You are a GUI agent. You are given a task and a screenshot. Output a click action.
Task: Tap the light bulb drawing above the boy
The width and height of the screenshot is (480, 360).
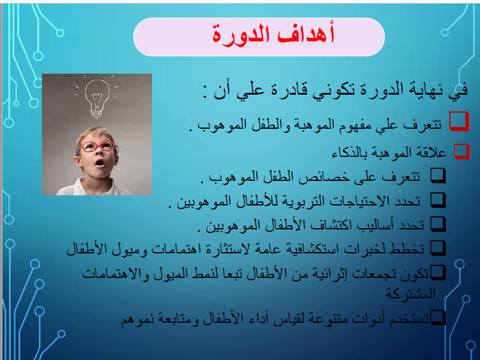[97, 98]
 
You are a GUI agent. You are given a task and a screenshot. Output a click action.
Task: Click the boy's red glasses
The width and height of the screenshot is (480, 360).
[97, 147]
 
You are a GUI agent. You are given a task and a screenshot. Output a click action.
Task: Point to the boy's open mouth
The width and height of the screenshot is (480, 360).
[99, 162]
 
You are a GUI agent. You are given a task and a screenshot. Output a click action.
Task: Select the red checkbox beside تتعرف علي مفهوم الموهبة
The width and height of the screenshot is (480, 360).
[459, 121]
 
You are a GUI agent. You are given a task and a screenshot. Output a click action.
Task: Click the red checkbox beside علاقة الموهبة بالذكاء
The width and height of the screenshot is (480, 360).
[462, 151]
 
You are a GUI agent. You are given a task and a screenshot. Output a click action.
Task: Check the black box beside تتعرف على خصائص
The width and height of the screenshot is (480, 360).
[438, 176]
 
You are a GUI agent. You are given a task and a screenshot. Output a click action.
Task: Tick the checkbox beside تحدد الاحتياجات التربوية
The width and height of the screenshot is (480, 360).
[438, 200]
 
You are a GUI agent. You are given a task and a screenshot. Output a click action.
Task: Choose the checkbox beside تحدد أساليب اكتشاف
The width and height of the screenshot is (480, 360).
[438, 224]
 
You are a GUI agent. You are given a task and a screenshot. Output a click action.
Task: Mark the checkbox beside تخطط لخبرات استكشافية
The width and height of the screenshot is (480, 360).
[438, 248]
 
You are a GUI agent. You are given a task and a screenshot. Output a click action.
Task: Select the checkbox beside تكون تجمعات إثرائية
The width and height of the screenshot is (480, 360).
[438, 273]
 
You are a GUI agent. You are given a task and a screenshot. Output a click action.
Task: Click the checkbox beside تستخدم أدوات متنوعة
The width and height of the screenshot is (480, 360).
[438, 317]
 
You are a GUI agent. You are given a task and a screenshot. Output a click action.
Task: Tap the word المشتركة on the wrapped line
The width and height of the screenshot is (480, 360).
[410, 294]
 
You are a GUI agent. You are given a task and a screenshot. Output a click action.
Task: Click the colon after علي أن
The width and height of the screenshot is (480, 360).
[205, 92]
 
